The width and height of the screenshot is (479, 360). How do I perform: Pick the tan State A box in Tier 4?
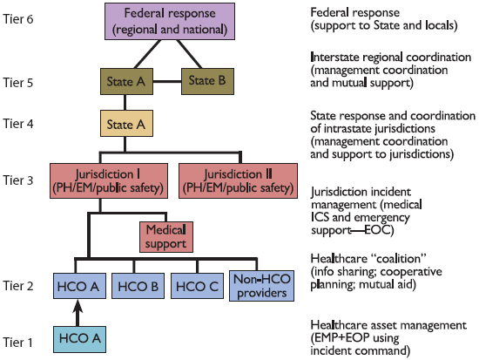click(x=127, y=125)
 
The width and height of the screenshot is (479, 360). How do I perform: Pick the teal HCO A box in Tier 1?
click(x=78, y=338)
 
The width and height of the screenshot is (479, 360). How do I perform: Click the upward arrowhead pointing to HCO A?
click(x=78, y=306)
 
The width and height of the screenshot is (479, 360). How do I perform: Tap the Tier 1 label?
click(x=19, y=341)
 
